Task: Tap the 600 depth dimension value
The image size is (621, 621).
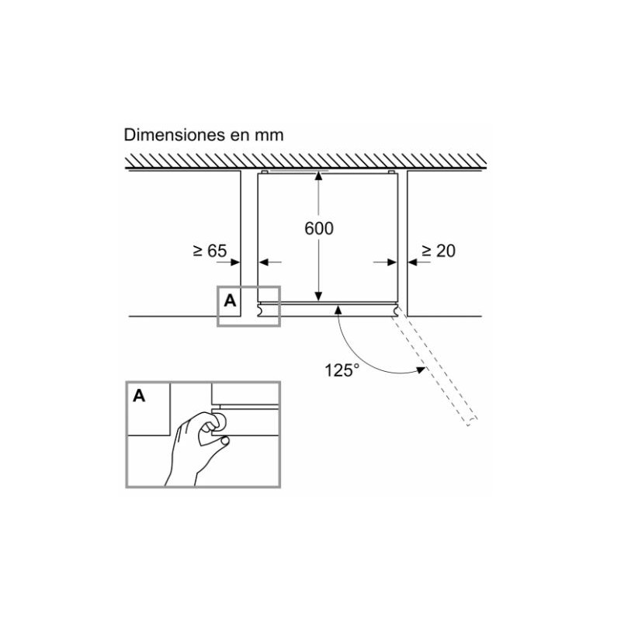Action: [319, 228]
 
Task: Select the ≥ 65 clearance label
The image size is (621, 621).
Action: [210, 251]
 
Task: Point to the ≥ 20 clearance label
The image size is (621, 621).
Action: [439, 251]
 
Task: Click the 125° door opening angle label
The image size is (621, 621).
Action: [342, 370]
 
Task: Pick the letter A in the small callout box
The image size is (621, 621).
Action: [230, 301]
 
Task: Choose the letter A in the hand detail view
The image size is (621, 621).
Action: [139, 396]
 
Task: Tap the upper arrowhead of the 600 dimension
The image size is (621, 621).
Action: [318, 176]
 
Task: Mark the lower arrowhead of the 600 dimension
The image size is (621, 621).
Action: [318, 296]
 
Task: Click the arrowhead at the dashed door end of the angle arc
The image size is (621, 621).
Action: [421, 370]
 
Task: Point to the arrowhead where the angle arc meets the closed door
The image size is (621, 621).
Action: [338, 309]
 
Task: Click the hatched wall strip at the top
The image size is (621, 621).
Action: [306, 161]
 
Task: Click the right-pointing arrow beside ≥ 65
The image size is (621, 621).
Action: [228, 262]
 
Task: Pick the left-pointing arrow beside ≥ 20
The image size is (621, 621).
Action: [419, 262]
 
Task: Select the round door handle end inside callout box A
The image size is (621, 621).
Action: [261, 309]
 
